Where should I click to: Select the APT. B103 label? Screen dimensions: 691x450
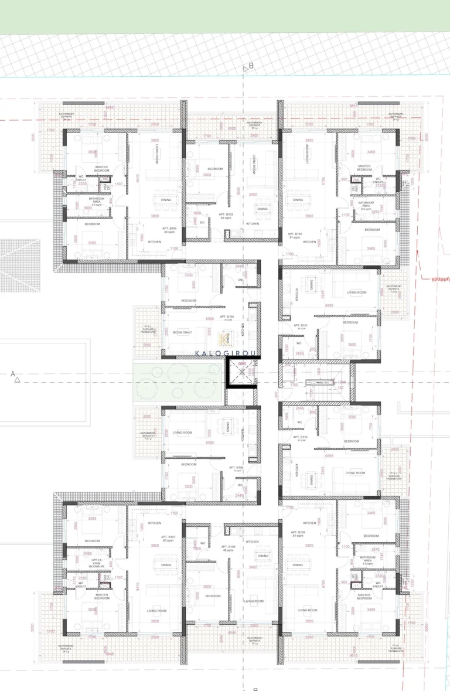226,215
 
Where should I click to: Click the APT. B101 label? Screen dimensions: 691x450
300,325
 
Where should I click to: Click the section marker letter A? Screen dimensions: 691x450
12,373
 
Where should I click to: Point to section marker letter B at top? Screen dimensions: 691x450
251,66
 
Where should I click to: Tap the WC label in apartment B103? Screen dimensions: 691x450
202,222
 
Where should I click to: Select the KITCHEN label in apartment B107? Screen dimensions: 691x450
154,523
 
